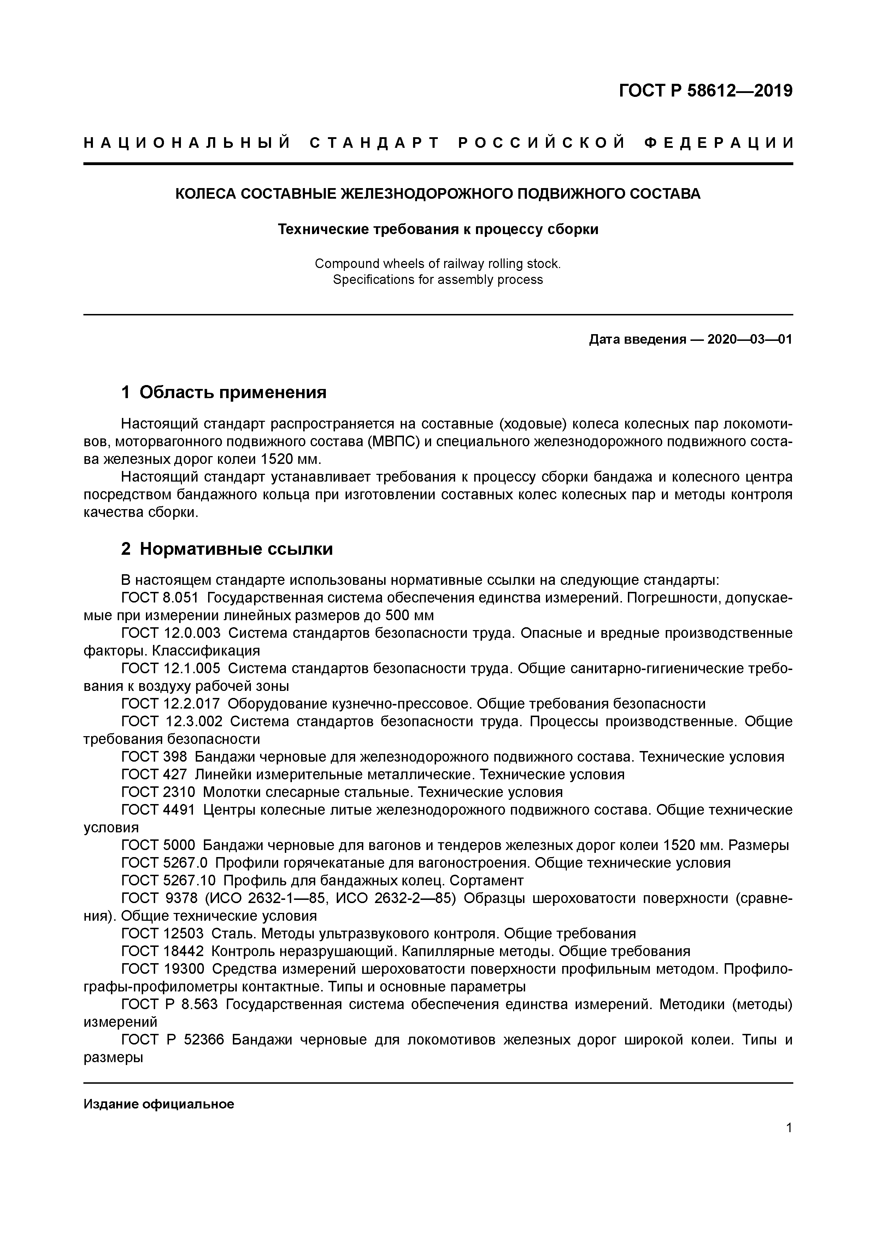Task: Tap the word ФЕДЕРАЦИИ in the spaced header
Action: [x=719, y=143]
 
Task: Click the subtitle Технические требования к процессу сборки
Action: [x=438, y=229]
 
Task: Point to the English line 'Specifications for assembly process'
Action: [x=438, y=280]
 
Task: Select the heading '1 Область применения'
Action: [x=224, y=392]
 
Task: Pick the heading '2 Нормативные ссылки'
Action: [x=227, y=549]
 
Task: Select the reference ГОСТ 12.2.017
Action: [x=171, y=704]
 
